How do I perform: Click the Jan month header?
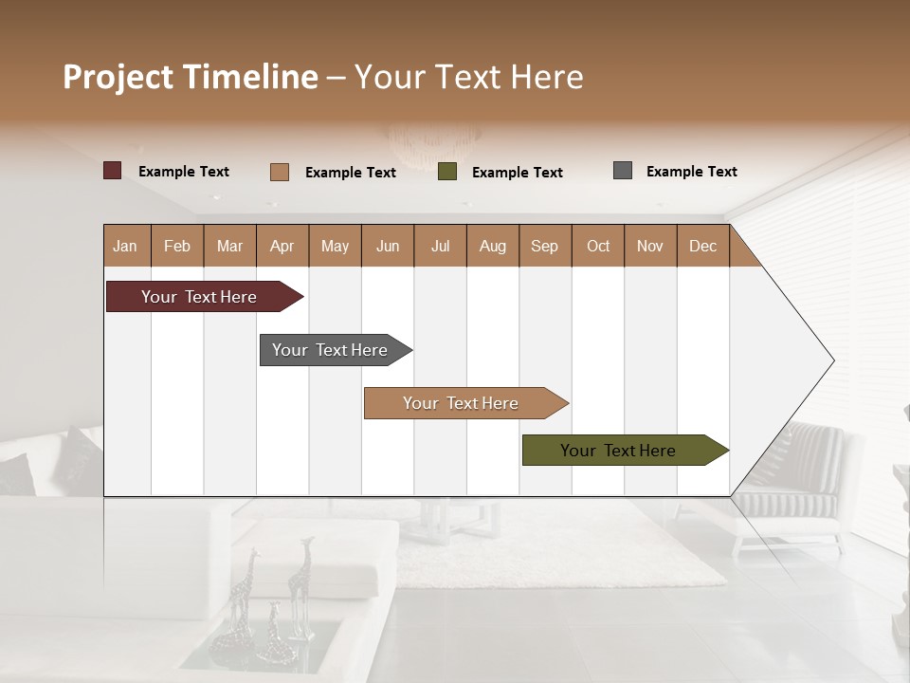[x=125, y=246]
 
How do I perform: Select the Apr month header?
[x=282, y=246]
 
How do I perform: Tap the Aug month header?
[x=492, y=246]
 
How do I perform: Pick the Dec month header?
[x=702, y=246]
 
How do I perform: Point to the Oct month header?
[x=597, y=246]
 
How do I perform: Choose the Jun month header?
[x=387, y=246]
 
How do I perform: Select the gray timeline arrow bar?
[x=332, y=350]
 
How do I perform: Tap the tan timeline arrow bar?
[x=463, y=403]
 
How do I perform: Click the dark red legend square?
[x=113, y=171]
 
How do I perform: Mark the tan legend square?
[x=280, y=172]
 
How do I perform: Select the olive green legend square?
[x=447, y=172]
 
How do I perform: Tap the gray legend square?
[x=623, y=171]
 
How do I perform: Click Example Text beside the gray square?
[x=691, y=172]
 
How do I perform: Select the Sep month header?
[x=544, y=246]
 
